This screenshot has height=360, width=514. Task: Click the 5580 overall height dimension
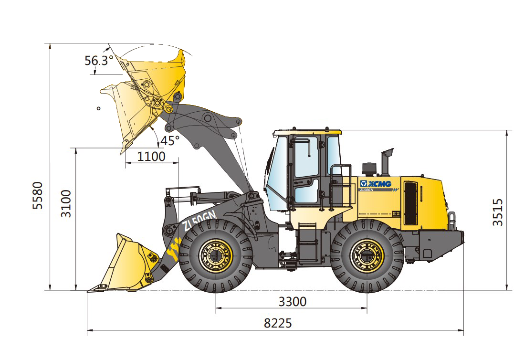pos(38,195)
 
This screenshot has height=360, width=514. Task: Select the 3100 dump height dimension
pos(66,203)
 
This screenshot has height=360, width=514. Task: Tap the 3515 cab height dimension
pos(498,212)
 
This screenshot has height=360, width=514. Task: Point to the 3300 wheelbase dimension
pos(293,301)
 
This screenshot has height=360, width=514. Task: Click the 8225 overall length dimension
pos(278,323)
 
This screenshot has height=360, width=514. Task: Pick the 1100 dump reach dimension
pos(151,157)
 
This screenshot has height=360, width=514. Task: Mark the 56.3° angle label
pos(99,60)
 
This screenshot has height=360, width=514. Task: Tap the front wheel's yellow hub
pos(216,256)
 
